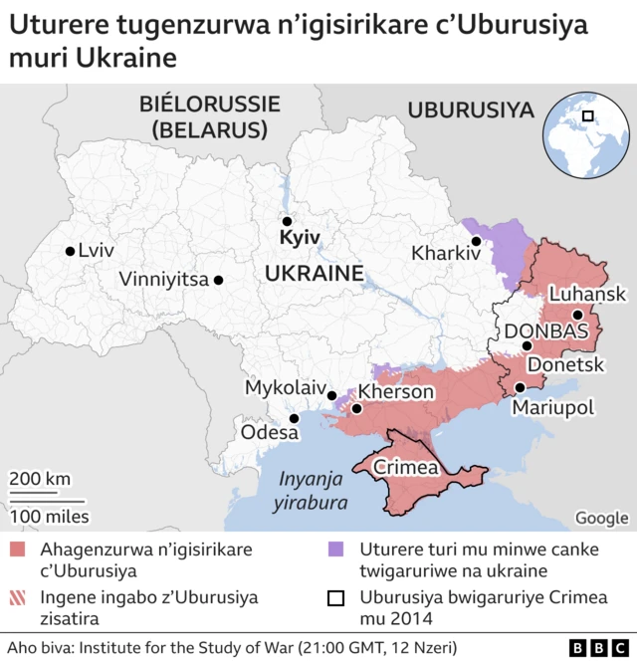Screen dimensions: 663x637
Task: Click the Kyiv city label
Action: [300, 239]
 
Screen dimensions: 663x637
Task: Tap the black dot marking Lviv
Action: [69, 252]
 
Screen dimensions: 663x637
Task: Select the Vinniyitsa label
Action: [163, 280]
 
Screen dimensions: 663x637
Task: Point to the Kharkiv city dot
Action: [477, 241]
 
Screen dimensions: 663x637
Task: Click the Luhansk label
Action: [587, 294]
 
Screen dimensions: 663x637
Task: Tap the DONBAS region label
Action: [547, 331]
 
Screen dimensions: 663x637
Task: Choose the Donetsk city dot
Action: [527, 346]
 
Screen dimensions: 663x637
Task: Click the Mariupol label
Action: [552, 407]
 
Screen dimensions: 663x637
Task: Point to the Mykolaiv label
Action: [285, 386]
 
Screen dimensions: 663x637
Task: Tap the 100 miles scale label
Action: [49, 516]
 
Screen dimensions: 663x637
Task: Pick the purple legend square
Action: [336, 550]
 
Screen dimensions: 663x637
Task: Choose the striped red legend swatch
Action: [17, 598]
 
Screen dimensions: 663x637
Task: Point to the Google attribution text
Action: [601, 518]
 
